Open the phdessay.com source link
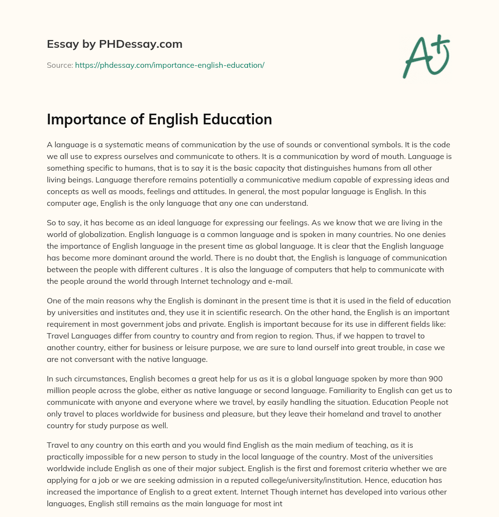(170, 65)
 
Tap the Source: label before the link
(60, 65)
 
